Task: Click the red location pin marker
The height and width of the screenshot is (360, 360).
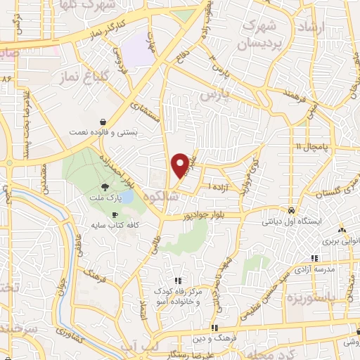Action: [x=181, y=165]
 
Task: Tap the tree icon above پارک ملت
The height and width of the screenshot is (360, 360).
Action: [x=105, y=186]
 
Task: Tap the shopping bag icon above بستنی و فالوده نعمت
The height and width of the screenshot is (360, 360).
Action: [x=103, y=121]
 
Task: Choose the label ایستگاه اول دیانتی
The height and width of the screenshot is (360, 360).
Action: [x=292, y=221]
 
